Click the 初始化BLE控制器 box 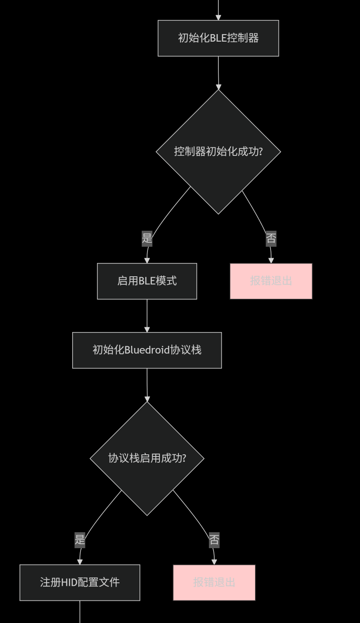click(218, 38)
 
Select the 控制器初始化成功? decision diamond click(218, 151)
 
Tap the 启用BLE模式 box click(147, 281)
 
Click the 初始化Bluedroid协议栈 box click(147, 350)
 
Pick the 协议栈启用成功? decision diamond click(147, 458)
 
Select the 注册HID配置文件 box click(80, 582)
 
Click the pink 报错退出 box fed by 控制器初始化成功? click(271, 281)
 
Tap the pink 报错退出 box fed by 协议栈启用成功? click(214, 582)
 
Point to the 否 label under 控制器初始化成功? click(271, 239)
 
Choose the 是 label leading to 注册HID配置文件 click(80, 540)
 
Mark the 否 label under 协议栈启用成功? click(214, 540)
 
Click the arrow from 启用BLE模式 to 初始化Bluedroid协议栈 click(147, 315)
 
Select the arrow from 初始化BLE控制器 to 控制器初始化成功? click(218, 73)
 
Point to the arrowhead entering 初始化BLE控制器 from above click(218, 17)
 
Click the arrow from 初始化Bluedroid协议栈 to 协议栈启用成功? click(147, 384)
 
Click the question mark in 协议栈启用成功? click(183, 458)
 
